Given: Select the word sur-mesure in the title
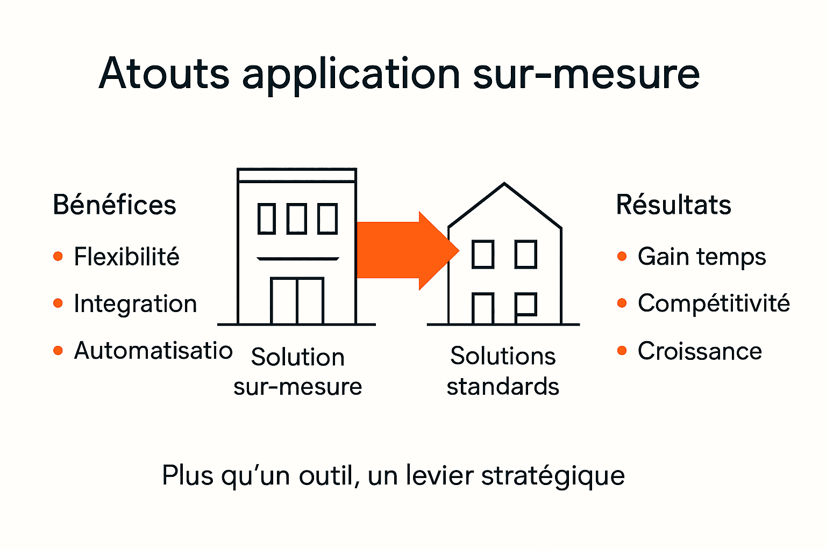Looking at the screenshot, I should pos(586,74).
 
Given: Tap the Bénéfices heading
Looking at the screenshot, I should pos(115,205).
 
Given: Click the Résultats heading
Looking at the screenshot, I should pos(673,205).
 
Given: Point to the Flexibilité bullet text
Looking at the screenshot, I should pos(126,257).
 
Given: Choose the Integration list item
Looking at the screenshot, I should pos(135,304).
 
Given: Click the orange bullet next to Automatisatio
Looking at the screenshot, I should pos(58,351).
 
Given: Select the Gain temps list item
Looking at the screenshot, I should pos(701,257).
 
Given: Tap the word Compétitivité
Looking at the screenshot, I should pos(714,303).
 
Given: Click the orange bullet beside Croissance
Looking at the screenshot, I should pos(622,351).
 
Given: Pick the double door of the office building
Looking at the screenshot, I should pos(297,301).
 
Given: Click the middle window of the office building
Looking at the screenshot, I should pos(297,219).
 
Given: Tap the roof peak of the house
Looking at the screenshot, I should pos(504,185).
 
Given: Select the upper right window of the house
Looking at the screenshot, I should pos(526,255).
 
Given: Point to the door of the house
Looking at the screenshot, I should pos(483,309).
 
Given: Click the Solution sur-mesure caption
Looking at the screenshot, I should pos(297,372).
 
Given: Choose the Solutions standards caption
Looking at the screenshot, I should pos(503,371).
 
